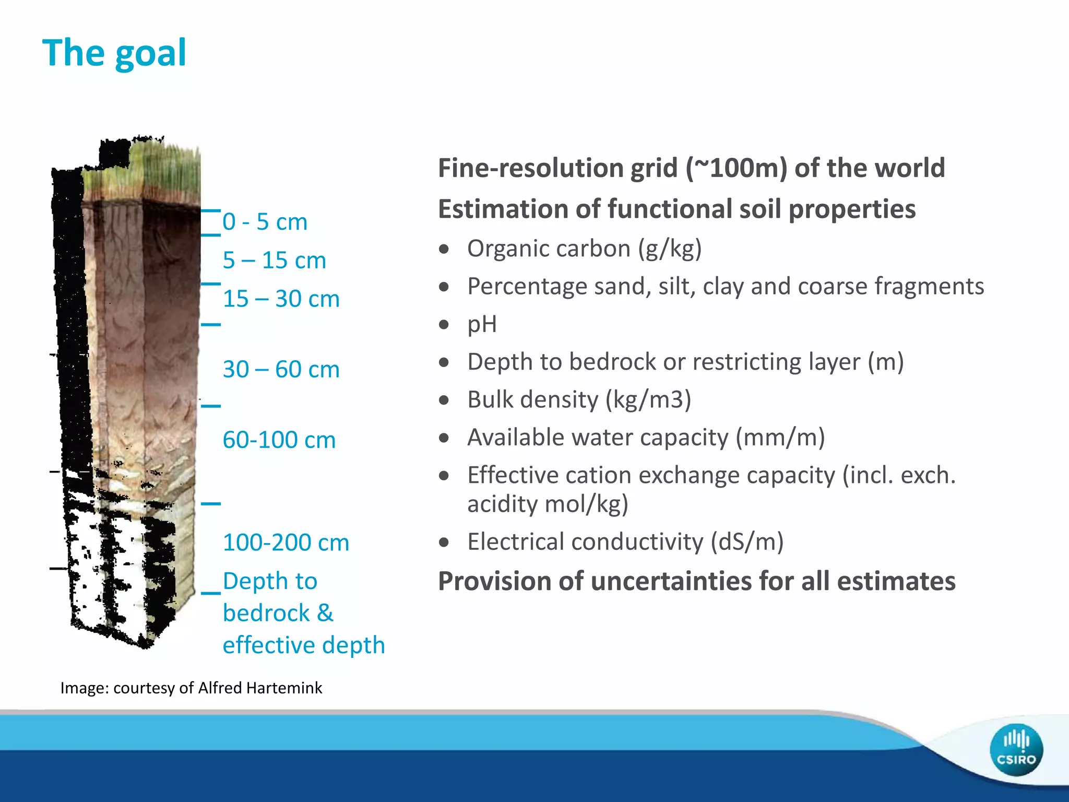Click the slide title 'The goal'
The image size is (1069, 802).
point(114,53)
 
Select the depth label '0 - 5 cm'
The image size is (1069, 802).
point(265,222)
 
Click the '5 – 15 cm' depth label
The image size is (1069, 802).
point(274,260)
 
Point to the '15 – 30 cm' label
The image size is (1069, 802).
point(281,299)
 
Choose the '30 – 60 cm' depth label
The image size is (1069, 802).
point(281,369)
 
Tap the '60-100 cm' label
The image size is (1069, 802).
point(279,440)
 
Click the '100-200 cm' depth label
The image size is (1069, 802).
point(286,542)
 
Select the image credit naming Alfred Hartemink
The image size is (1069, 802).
point(191,688)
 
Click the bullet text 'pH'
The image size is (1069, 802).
point(482,324)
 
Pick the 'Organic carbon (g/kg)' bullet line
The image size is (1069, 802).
point(584,249)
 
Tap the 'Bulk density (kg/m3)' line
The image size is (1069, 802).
point(579,399)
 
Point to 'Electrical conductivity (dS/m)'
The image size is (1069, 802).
point(625,541)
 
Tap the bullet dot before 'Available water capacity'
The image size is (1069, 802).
point(444,438)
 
